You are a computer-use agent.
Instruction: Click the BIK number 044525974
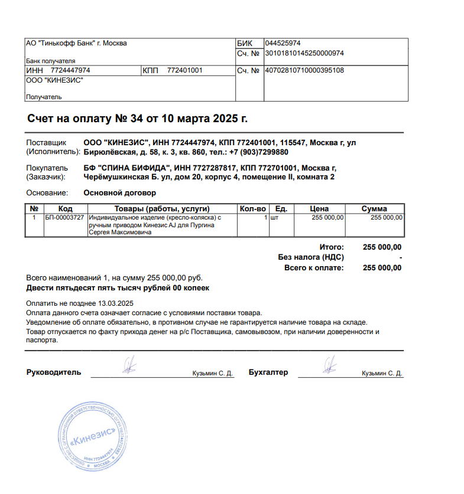click(x=283, y=43)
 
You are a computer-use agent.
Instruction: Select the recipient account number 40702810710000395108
click(x=304, y=71)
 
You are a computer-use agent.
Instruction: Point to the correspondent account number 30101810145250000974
click(x=304, y=53)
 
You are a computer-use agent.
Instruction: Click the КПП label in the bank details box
click(x=150, y=71)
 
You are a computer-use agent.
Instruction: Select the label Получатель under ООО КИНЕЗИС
click(x=44, y=97)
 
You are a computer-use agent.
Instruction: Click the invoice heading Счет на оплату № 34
click(x=137, y=119)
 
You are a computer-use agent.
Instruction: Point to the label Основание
click(x=47, y=193)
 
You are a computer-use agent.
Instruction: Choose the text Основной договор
click(x=120, y=193)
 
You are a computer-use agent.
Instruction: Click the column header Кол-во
click(x=253, y=209)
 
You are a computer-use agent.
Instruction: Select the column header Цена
click(x=319, y=209)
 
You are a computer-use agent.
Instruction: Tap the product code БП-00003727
click(x=64, y=218)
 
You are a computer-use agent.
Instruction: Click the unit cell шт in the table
click(x=274, y=218)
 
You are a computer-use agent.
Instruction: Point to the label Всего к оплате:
click(x=314, y=268)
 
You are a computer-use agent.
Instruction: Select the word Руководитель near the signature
click(x=54, y=372)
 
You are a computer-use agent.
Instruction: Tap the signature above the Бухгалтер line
click(x=329, y=365)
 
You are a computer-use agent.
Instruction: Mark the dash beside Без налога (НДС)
click(x=400, y=257)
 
